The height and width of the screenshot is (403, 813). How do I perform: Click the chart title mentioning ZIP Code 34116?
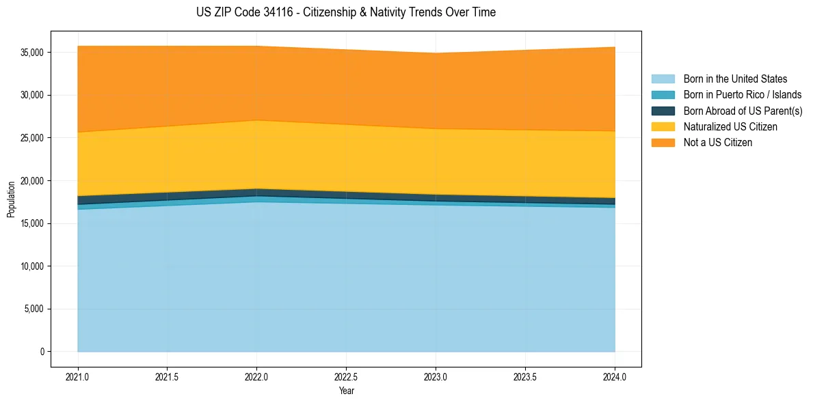[345, 12]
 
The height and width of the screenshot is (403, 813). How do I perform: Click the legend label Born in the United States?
[735, 79]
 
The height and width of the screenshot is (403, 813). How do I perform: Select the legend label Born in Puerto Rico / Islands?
[743, 95]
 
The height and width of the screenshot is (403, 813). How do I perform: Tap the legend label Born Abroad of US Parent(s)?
[743, 111]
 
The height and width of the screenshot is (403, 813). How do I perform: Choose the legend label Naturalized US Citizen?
[730, 127]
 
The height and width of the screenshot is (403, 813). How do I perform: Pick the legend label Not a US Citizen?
[718, 143]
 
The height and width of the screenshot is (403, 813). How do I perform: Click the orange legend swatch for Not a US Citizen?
[663, 143]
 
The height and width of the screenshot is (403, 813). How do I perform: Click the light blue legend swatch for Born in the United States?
[663, 79]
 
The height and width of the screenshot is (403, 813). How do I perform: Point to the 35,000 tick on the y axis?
[32, 53]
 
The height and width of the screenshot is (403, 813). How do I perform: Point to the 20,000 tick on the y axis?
[32, 181]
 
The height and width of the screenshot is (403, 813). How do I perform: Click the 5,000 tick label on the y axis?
[34, 309]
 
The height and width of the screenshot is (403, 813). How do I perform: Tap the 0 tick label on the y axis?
[42, 352]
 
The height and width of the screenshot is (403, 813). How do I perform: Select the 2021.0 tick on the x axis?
[78, 376]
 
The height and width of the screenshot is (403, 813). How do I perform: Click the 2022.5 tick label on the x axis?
[346, 376]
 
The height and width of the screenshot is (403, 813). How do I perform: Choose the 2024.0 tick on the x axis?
[615, 376]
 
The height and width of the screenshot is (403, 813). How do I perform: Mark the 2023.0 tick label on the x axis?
[436, 376]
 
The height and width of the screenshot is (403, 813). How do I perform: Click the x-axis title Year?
[346, 391]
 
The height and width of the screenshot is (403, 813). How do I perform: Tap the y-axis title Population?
[11, 199]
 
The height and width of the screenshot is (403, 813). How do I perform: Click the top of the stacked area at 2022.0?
[256, 46]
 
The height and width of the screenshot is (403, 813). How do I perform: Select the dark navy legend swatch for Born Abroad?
[663, 111]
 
